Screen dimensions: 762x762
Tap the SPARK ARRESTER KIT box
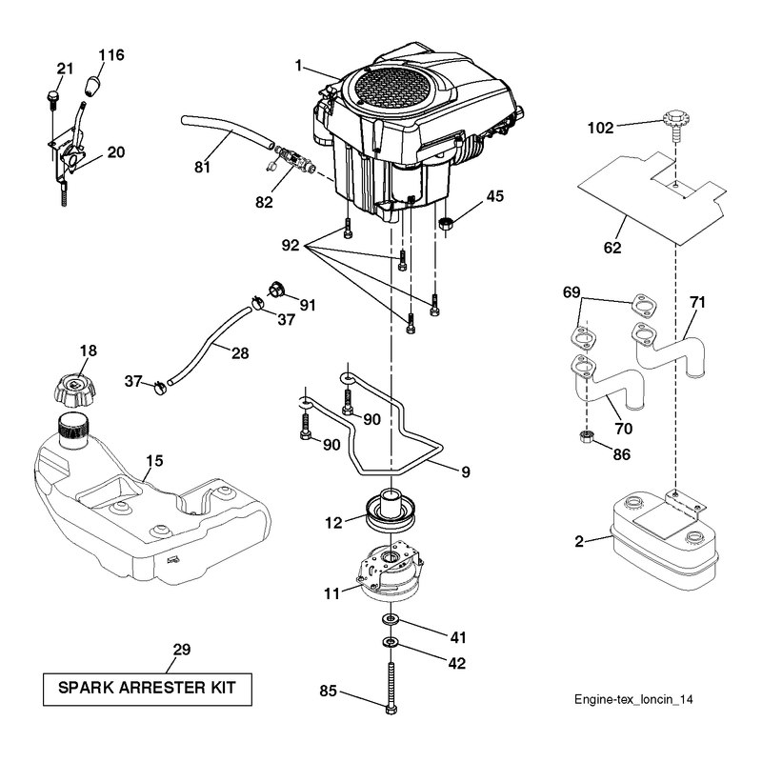(x=148, y=689)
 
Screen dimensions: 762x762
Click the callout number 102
(x=600, y=128)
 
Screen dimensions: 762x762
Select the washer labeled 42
(x=391, y=642)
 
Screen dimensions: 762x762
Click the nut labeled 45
(x=446, y=224)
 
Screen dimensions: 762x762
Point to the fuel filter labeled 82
(x=294, y=159)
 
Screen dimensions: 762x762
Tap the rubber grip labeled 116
(x=92, y=86)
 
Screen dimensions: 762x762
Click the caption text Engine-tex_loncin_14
(x=633, y=699)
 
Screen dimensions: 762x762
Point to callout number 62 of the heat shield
(x=612, y=248)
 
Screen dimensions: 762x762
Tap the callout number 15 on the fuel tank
(x=154, y=461)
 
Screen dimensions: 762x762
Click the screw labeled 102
(x=675, y=126)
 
